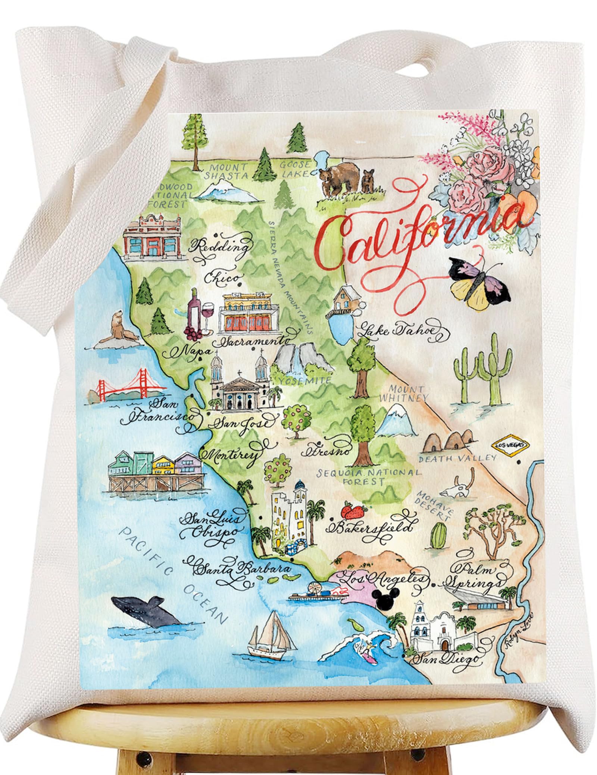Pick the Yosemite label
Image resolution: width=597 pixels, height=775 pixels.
[x=305, y=380]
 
